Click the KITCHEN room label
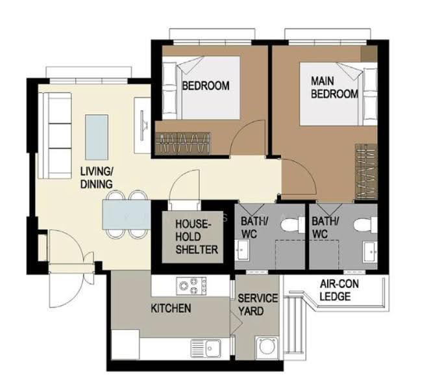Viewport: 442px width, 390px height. (x=171, y=308)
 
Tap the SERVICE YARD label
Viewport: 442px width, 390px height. (x=258, y=305)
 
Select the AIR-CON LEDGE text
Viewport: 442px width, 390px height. (x=339, y=291)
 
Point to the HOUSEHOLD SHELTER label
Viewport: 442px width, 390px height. (x=197, y=237)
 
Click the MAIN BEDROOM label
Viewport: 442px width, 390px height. (x=334, y=87)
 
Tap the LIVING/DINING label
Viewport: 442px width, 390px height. (x=97, y=177)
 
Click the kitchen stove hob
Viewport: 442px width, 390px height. (x=191, y=286)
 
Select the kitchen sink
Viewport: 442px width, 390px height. (x=206, y=348)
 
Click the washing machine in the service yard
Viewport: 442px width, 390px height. (x=267, y=348)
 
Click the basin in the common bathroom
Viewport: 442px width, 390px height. (x=241, y=250)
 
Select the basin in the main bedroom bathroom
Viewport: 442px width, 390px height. (x=370, y=252)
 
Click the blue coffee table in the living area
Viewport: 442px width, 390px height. (x=97, y=137)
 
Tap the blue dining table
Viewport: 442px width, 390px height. (x=127, y=214)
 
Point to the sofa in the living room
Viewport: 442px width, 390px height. (x=55, y=136)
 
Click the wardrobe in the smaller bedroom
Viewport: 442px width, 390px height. (x=183, y=144)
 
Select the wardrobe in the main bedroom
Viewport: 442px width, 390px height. (x=366, y=172)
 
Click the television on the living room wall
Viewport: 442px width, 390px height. (x=143, y=125)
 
